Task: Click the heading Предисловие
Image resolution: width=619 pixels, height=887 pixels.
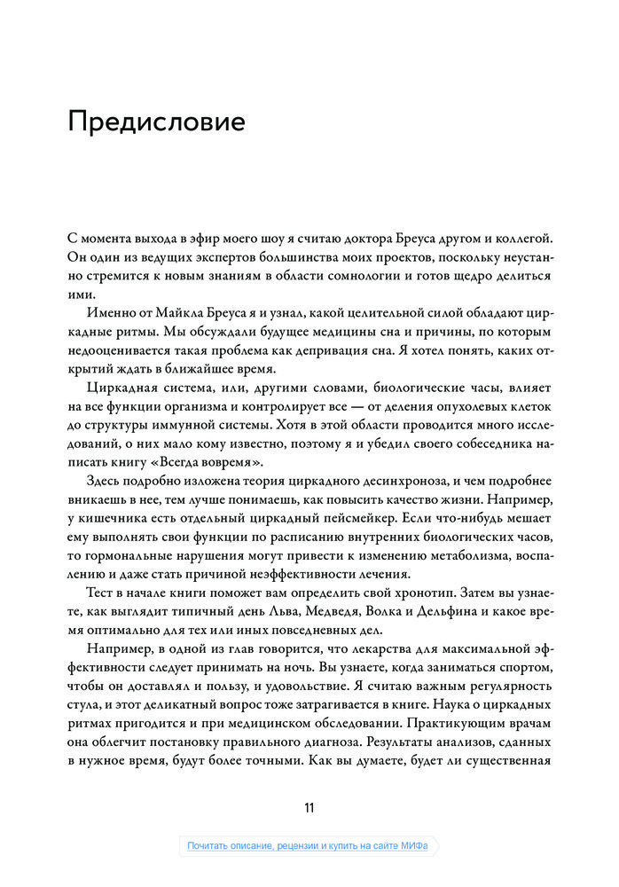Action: [x=156, y=122]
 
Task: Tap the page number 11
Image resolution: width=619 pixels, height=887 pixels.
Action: [x=309, y=807]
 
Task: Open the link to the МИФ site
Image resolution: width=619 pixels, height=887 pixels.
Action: [x=308, y=845]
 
